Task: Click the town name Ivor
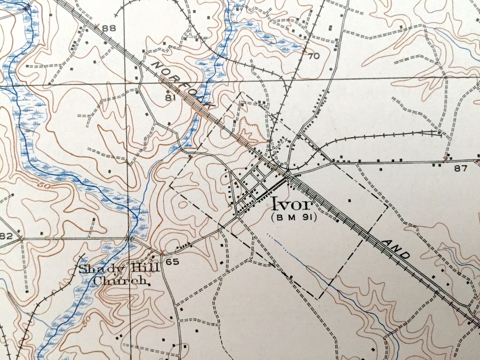click(292, 204)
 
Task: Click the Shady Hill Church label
click(119, 274)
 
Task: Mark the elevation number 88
click(109, 29)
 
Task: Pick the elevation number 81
click(170, 98)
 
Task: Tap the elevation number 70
click(314, 56)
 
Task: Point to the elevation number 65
click(173, 261)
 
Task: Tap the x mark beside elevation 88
click(96, 26)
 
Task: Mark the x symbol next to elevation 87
click(445, 159)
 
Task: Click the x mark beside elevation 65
click(161, 253)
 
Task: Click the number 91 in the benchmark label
click(307, 217)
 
